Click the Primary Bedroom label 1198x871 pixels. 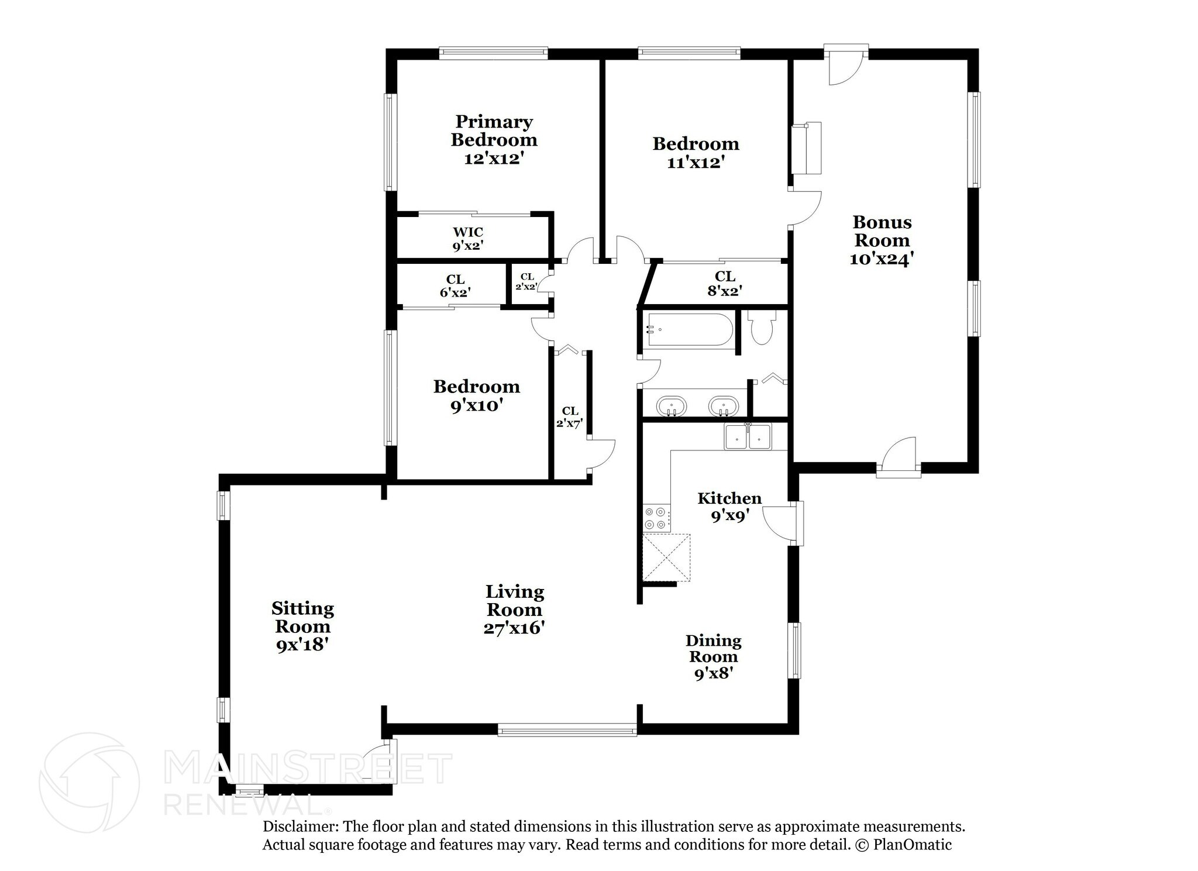[494, 140]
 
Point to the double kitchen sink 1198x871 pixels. [748, 437]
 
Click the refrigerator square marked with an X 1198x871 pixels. [666, 557]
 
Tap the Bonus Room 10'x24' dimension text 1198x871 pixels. [882, 259]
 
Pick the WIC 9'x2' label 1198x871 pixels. [468, 239]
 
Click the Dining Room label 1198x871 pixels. [713, 649]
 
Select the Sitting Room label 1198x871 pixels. [302, 617]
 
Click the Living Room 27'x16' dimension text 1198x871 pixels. [514, 628]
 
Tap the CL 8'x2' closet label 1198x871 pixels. [725, 283]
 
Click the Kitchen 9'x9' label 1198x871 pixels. [729, 507]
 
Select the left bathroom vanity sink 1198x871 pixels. [672, 406]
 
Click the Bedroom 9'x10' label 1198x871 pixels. [476, 395]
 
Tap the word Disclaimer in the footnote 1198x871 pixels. [300, 827]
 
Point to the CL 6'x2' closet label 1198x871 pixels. [455, 285]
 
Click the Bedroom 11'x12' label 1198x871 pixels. [696, 153]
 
